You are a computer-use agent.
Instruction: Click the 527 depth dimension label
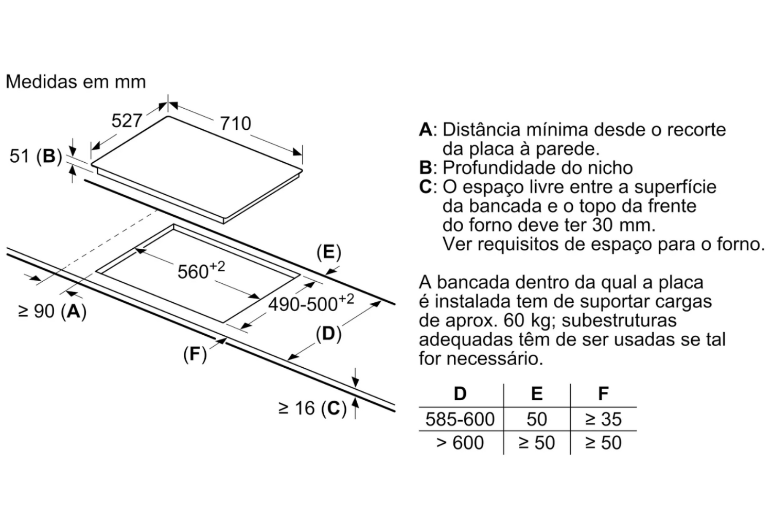tap(127, 121)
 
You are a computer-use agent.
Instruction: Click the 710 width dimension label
tap(235, 124)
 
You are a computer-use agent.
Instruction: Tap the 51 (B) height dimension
tap(36, 156)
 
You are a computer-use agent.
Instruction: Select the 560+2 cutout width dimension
tap(201, 270)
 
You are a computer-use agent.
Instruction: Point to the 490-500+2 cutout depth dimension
tap(311, 303)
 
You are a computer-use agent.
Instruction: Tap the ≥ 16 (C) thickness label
tap(312, 408)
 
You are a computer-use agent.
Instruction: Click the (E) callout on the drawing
tap(329, 252)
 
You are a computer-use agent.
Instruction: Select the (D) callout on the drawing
tap(329, 334)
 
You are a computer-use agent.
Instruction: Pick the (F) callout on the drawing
tap(195, 354)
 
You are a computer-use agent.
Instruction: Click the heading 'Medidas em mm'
tap(76, 82)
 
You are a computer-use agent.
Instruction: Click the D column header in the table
tap(460, 393)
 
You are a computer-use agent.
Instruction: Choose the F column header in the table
tap(603, 393)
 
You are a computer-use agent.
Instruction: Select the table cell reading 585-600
tap(460, 419)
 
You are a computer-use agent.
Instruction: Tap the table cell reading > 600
tap(460, 442)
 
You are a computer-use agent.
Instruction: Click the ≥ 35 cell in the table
tap(603, 419)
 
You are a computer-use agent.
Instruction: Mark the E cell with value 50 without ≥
tap(537, 419)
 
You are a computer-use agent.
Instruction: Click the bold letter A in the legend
tap(426, 130)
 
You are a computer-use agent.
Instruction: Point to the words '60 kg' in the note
tap(529, 321)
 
